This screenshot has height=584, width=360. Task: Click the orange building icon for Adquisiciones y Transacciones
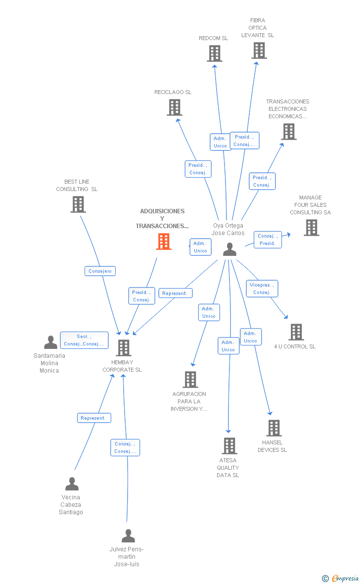click(164, 242)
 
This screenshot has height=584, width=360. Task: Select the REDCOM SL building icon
click(214, 53)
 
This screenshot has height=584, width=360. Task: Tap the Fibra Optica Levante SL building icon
click(259, 50)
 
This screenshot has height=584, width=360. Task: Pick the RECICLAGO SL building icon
click(174, 107)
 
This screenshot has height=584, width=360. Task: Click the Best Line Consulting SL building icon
click(78, 204)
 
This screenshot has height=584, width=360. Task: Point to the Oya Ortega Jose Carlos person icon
click(229, 249)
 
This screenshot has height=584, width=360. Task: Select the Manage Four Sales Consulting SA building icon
click(311, 228)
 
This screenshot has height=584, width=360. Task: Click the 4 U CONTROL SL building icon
click(296, 332)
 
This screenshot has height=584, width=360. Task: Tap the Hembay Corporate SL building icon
click(123, 348)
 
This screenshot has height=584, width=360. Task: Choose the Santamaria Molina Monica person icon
click(50, 342)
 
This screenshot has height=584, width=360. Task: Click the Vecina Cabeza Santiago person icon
click(72, 484)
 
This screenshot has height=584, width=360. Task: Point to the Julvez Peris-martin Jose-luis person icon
click(128, 535)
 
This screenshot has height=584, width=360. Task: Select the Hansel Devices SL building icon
click(273, 428)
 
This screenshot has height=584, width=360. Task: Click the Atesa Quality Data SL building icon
click(229, 446)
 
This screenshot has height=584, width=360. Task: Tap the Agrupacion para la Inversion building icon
click(190, 380)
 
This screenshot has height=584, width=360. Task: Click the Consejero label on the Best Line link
click(101, 271)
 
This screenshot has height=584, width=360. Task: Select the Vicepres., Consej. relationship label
click(262, 289)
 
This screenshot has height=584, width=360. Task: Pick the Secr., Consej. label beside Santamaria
click(84, 340)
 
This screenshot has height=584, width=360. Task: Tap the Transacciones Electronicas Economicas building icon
click(288, 132)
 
